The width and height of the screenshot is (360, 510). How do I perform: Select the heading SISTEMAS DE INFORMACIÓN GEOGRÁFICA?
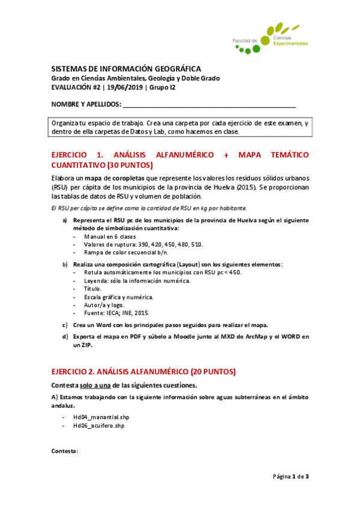(x=126, y=69)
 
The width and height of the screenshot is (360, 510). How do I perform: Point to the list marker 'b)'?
(x=65, y=265)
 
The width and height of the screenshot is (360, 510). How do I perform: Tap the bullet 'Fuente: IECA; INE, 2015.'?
(x=117, y=313)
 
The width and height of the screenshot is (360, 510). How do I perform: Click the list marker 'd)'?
(x=65, y=337)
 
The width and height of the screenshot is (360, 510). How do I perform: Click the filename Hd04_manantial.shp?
(x=101, y=417)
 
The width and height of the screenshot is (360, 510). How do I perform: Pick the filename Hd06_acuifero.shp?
(x=99, y=425)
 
